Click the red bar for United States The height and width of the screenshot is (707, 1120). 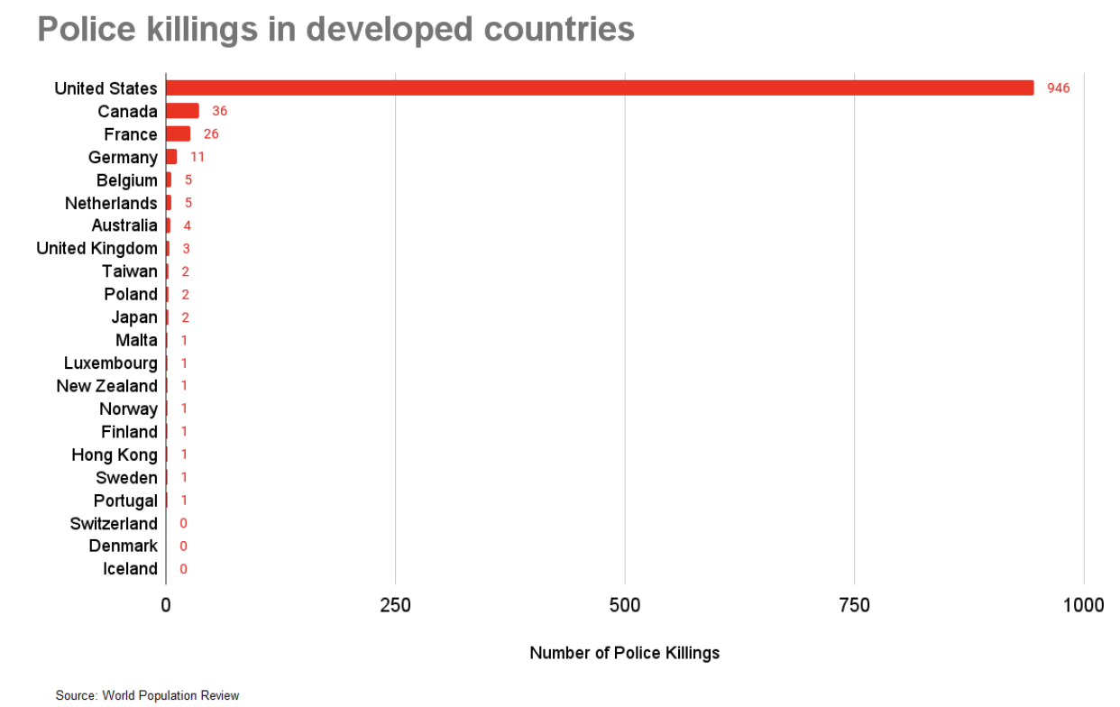(x=600, y=88)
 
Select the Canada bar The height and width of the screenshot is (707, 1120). (x=182, y=111)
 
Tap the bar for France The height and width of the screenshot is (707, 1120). (x=178, y=134)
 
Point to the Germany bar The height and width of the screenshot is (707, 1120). (x=171, y=157)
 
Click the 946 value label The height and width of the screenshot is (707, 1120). (x=1058, y=88)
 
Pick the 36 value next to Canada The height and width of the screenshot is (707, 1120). (x=219, y=111)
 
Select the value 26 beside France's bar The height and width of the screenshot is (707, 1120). (x=211, y=134)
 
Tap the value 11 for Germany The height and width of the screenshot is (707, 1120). (x=197, y=157)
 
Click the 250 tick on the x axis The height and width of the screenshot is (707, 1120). (x=395, y=605)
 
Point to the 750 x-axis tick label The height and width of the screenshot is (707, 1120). (x=854, y=605)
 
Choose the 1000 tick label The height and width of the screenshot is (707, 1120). (x=1083, y=605)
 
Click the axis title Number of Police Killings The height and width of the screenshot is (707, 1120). (x=624, y=653)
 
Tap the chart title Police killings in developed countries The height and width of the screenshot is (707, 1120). (x=335, y=30)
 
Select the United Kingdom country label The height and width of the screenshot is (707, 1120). (x=96, y=248)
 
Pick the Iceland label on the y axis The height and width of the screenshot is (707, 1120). (x=130, y=569)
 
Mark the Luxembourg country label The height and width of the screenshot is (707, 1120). (x=110, y=363)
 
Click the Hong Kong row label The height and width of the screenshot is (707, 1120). (x=114, y=454)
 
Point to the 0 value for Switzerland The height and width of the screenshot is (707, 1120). (x=183, y=523)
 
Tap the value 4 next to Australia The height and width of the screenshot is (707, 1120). (x=187, y=225)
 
